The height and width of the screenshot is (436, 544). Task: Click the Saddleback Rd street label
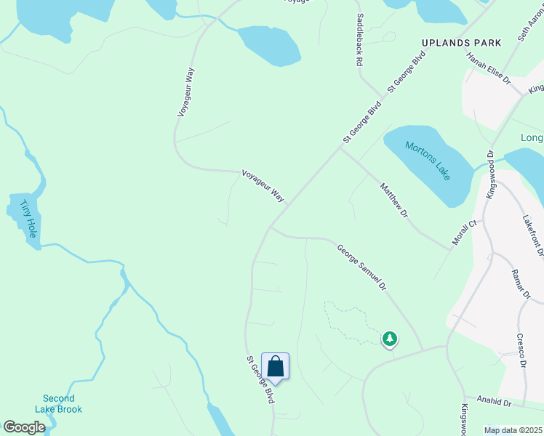(x=359, y=41)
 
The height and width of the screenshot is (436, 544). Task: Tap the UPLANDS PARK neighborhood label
(x=463, y=43)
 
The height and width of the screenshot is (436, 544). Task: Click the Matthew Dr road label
(x=394, y=201)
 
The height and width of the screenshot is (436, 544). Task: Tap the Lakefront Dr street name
(x=533, y=235)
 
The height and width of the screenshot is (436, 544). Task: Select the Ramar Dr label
(x=521, y=283)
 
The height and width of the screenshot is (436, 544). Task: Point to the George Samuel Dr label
(x=360, y=267)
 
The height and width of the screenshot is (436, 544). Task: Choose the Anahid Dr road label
(x=494, y=400)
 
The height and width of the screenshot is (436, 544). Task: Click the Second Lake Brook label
(x=58, y=404)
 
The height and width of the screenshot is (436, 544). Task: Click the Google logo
(x=24, y=427)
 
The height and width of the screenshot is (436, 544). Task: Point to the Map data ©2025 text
(x=513, y=430)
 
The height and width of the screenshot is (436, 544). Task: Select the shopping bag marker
(x=275, y=366)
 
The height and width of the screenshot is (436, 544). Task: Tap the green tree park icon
(x=390, y=338)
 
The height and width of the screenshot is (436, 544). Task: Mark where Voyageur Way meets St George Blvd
(x=286, y=206)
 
